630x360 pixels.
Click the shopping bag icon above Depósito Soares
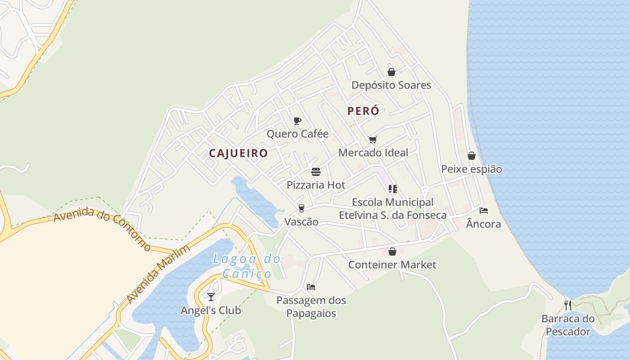coord(391,72)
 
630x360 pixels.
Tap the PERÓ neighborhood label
coord(363,111)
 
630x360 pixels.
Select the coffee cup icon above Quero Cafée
coord(297,121)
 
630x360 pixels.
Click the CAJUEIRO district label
coord(238,153)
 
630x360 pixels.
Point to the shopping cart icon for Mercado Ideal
coord(373,139)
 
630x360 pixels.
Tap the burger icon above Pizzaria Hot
coord(316,172)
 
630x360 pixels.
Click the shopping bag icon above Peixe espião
coord(471,156)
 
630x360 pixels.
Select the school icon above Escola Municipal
coord(392,189)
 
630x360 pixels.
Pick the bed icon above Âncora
coord(484,211)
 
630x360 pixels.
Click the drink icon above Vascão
coord(301,208)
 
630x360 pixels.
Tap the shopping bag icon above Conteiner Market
coord(392,252)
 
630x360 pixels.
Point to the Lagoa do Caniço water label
coord(247,266)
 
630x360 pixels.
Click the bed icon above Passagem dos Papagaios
coord(311,287)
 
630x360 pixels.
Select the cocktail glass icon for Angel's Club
coord(211,297)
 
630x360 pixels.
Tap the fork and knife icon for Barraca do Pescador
coord(567,306)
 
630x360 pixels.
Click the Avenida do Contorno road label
coord(103,228)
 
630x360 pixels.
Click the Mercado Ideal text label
coord(373,153)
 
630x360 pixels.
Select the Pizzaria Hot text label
coord(316,185)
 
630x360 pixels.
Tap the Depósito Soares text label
coord(391,85)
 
